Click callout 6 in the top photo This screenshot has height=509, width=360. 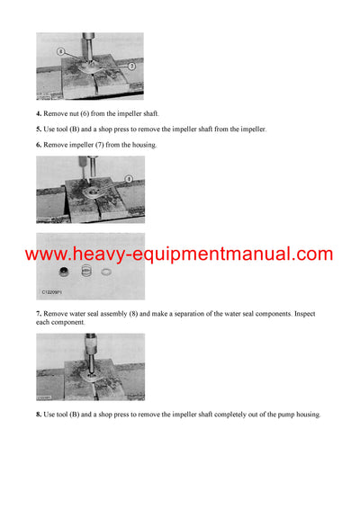click(61, 52)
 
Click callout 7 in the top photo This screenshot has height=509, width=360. click(131, 67)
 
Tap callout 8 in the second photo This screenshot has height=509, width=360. click(128, 179)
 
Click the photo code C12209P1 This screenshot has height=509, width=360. click(57, 292)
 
